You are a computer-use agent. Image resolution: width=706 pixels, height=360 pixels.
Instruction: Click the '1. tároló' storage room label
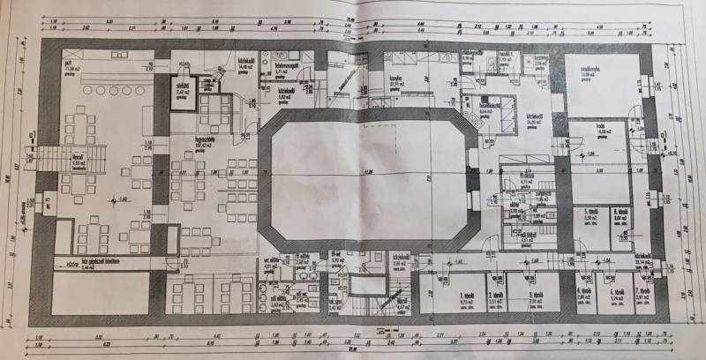[468, 293]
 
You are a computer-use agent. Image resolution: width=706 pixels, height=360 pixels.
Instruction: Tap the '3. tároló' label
[534, 293]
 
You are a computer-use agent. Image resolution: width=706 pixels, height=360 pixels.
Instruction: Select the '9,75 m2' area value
[468, 300]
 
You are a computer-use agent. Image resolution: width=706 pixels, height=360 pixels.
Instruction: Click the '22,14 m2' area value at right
[642, 262]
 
